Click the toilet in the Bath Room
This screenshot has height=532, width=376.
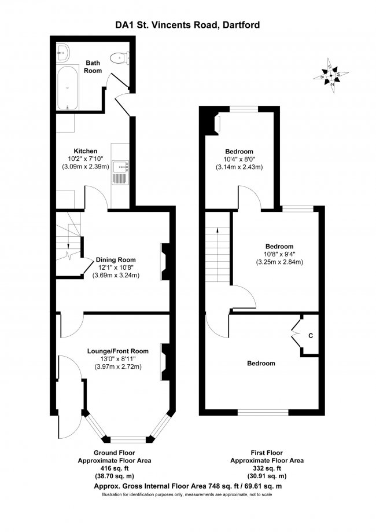120,58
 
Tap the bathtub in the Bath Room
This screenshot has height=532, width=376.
67,87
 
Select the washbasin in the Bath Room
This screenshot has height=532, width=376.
62,53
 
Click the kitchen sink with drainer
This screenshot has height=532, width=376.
120,173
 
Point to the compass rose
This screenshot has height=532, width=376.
331,76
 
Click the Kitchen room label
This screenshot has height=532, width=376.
86,151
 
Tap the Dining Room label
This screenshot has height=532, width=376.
116,260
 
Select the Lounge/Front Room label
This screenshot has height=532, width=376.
118,351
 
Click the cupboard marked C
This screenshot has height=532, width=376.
310,335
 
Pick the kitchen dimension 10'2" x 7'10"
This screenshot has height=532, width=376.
86,159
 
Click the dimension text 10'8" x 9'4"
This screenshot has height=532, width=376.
279,254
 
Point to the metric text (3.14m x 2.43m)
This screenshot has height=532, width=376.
239,167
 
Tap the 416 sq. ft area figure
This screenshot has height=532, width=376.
115,468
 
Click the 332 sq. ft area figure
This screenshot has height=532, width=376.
267,468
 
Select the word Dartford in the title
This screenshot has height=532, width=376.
241,25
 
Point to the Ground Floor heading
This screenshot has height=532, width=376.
115,453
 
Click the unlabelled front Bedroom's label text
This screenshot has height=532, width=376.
261,364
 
